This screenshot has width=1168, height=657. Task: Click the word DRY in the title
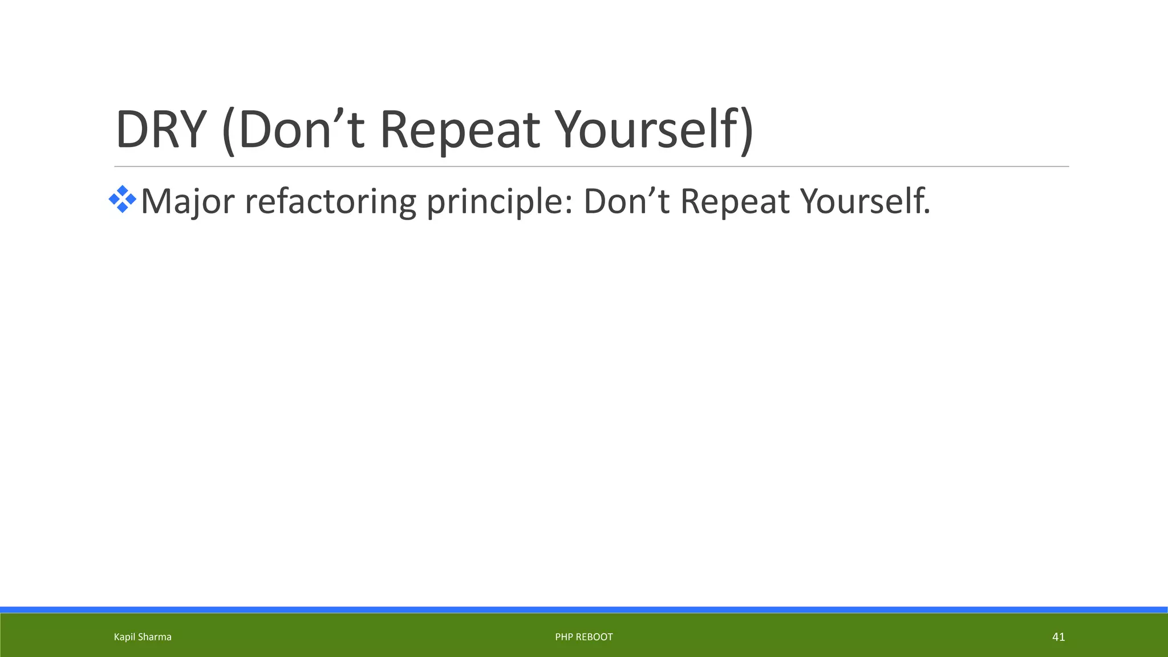coord(160,130)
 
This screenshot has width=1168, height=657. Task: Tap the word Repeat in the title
coord(459,130)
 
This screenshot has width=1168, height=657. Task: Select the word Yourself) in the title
coord(654,130)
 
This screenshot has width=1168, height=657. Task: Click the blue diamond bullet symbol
coord(122,200)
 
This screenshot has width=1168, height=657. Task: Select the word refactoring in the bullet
coord(330,202)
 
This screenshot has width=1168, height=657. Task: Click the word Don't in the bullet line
coord(626,202)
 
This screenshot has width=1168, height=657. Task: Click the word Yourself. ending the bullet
coord(865,202)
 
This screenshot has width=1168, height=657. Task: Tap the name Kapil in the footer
coord(124,637)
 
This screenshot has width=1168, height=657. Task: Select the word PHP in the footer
coord(563,637)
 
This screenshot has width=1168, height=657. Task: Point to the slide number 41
coord(1058,637)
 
